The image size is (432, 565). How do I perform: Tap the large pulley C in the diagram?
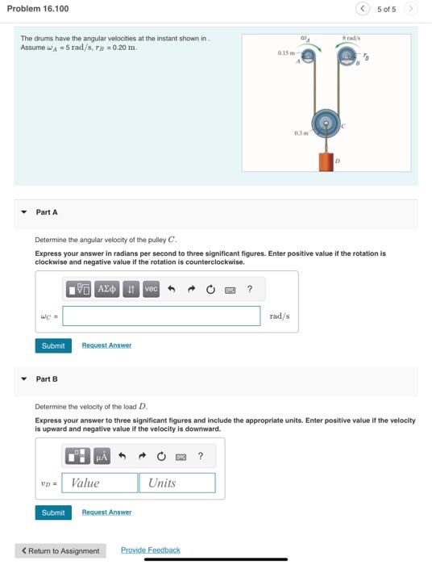click(x=326, y=123)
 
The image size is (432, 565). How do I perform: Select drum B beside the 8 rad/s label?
click(x=347, y=56)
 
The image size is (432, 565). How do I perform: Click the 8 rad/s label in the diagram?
click(x=352, y=37)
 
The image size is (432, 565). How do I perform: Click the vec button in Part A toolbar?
click(x=151, y=289)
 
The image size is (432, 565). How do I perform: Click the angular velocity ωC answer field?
click(x=162, y=316)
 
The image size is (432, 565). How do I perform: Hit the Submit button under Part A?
click(x=53, y=345)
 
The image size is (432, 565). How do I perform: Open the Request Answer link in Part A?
click(x=106, y=345)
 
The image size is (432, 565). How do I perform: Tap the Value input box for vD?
click(x=101, y=483)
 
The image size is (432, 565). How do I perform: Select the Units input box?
click(x=177, y=483)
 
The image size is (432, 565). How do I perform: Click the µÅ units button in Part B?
click(x=102, y=456)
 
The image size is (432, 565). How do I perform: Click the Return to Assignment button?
click(x=60, y=550)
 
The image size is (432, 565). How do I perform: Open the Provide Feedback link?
click(x=151, y=550)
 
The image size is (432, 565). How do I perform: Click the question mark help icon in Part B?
click(x=201, y=456)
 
